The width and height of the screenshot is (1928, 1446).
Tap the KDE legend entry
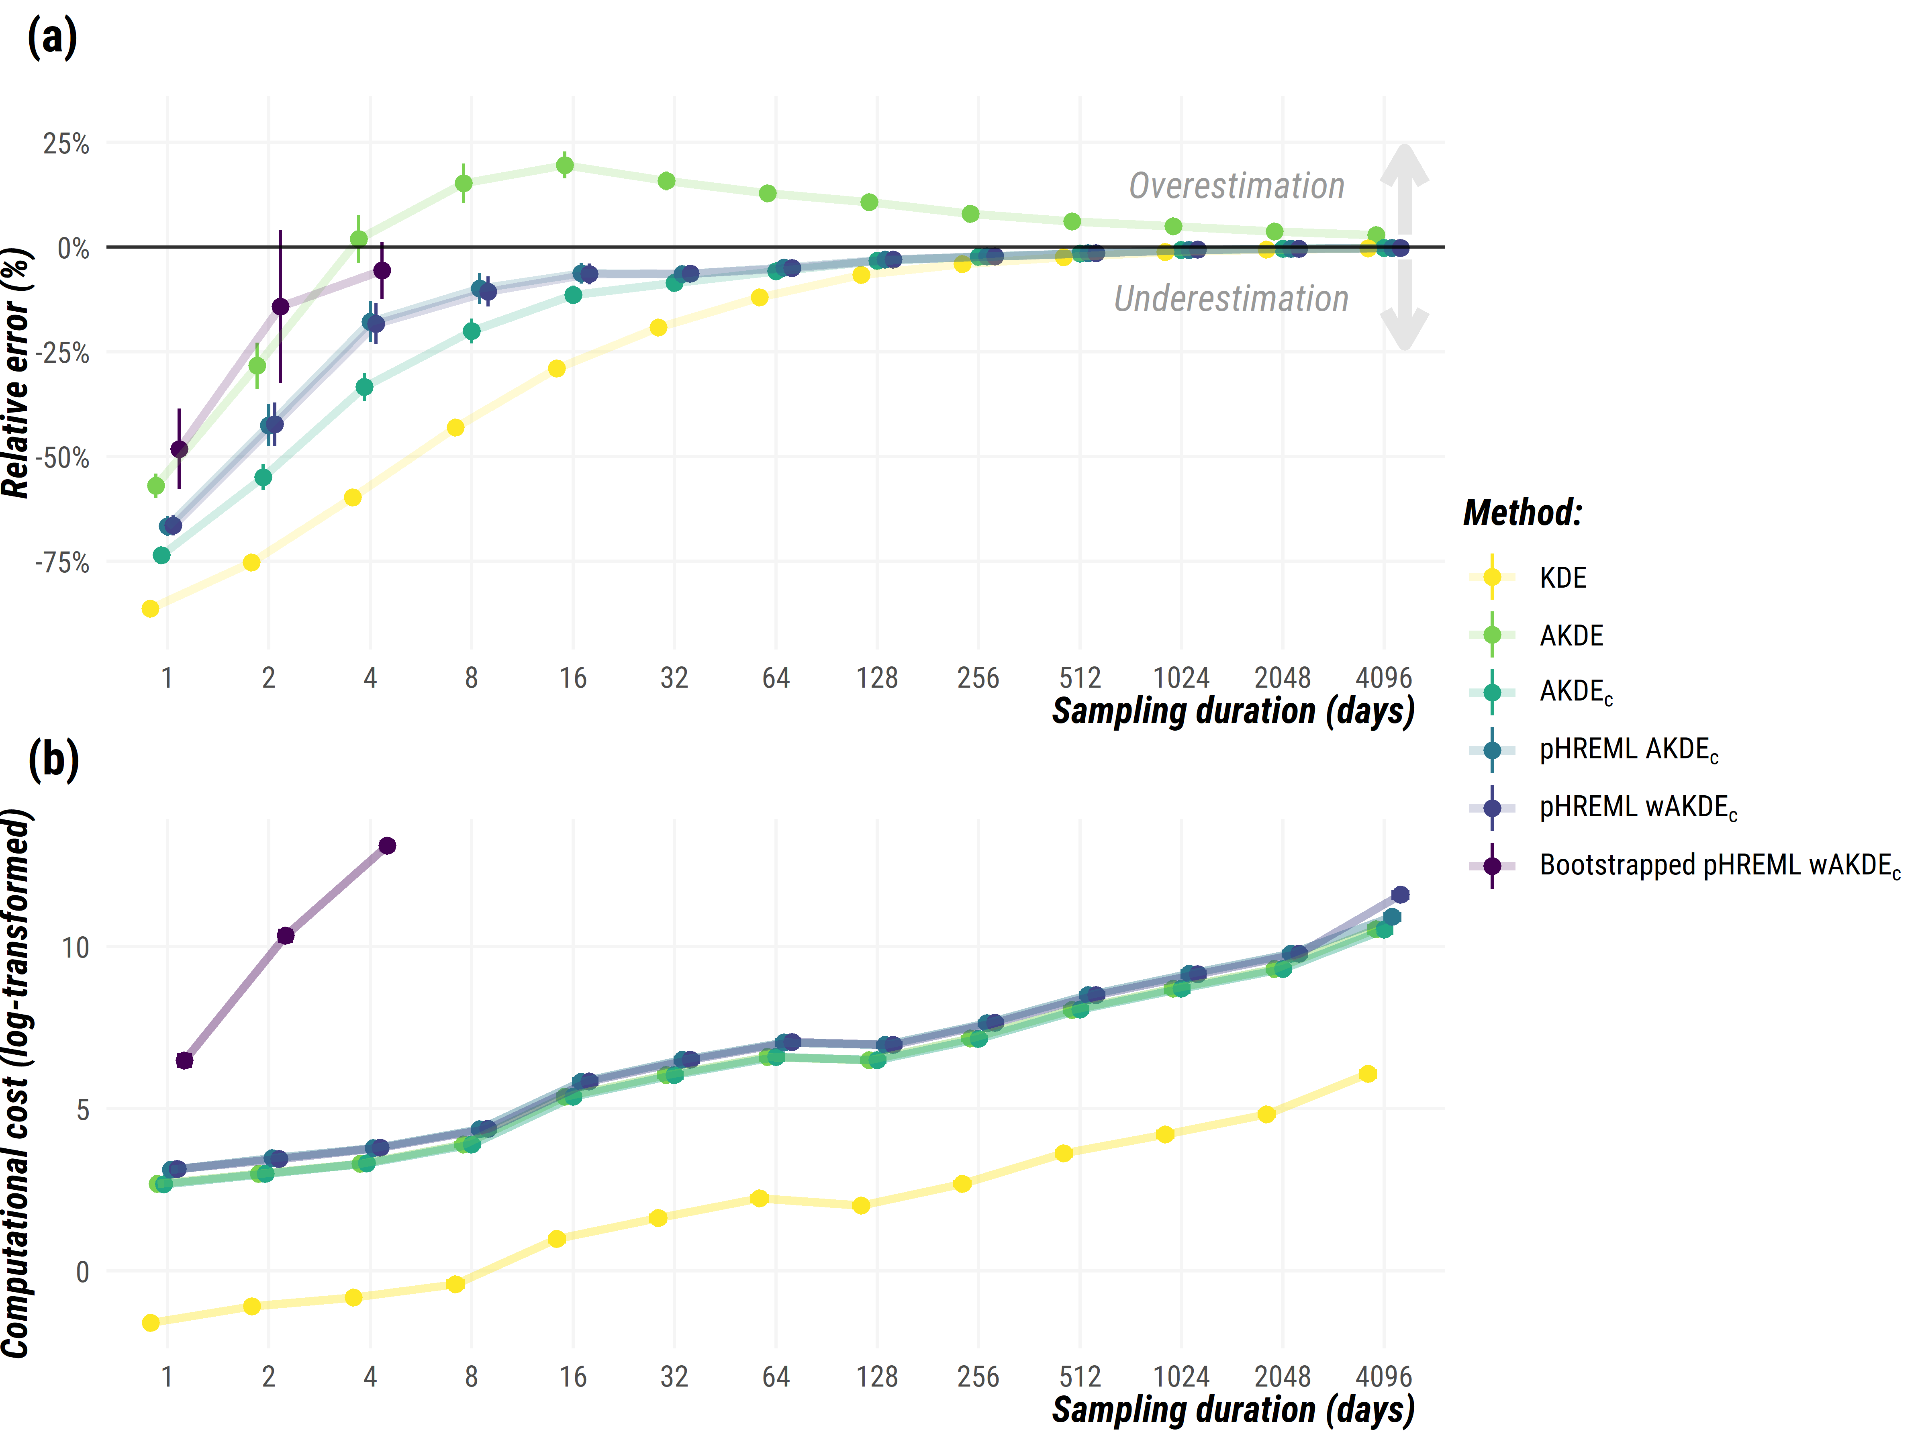(1562, 578)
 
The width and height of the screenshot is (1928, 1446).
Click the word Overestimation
(1236, 186)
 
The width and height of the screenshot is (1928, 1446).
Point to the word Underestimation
(1231, 299)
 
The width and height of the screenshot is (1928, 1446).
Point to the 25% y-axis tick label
(66, 144)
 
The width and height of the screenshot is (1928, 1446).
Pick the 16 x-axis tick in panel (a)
(573, 678)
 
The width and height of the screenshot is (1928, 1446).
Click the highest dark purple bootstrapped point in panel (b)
(387, 846)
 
